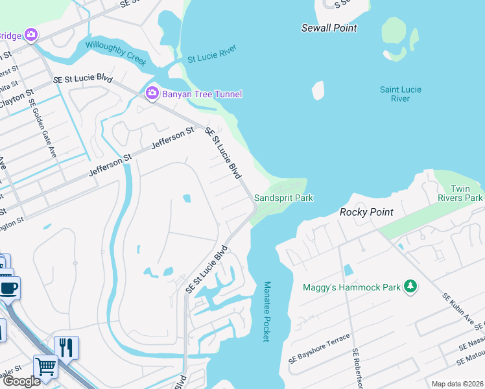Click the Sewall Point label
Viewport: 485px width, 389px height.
(x=329, y=28)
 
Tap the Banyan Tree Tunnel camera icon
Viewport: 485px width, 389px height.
(x=152, y=94)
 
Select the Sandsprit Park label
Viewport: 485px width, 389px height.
(x=283, y=197)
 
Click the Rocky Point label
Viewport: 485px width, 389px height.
(x=366, y=212)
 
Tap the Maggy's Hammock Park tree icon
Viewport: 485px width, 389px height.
(x=410, y=286)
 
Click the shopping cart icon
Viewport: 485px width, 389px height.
(x=46, y=366)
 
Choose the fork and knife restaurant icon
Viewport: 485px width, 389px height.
(x=66, y=348)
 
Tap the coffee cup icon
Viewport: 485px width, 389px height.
(x=8, y=288)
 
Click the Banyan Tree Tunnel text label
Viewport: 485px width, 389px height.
(x=202, y=94)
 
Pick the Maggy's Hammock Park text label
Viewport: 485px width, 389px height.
(x=351, y=287)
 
